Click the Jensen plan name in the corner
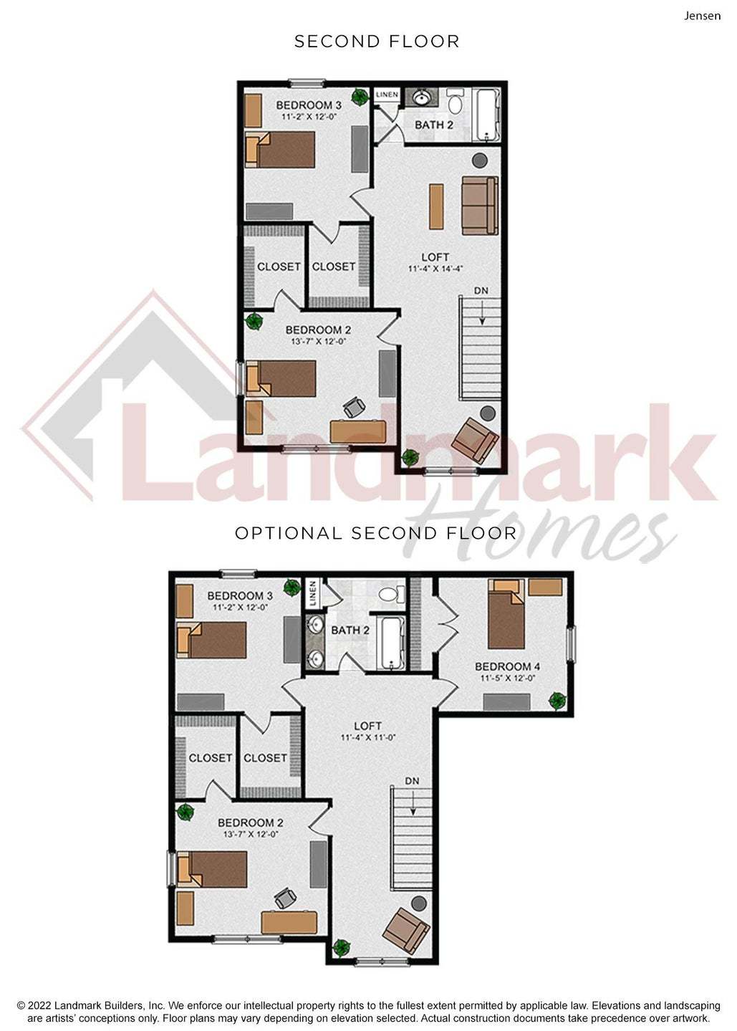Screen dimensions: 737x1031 pyautogui.click(x=702, y=16)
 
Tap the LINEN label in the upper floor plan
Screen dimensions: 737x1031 pyautogui.click(x=387, y=95)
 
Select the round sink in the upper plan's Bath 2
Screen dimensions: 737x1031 pyautogui.click(x=421, y=97)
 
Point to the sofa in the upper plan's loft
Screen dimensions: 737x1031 pyautogui.click(x=480, y=206)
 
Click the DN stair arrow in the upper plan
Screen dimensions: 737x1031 pyautogui.click(x=482, y=315)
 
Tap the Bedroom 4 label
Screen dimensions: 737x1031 pyautogui.click(x=507, y=666)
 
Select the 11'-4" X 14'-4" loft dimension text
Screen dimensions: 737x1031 pyautogui.click(x=435, y=269)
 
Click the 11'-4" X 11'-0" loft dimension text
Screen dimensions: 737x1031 pyautogui.click(x=368, y=737)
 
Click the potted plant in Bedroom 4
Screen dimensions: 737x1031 pyautogui.click(x=557, y=701)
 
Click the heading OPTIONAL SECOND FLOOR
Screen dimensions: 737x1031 pyautogui.click(x=375, y=534)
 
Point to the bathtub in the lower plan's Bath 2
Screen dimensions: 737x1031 pyautogui.click(x=390, y=643)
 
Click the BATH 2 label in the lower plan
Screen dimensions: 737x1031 pyautogui.click(x=350, y=630)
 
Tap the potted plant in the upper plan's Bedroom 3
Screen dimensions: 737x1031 pyautogui.click(x=360, y=97)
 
